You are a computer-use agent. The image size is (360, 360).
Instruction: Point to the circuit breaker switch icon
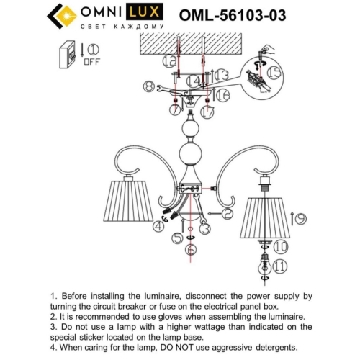(68, 54)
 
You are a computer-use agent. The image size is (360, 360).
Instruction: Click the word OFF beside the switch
(91, 62)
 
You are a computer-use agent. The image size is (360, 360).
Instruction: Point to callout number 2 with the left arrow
(227, 214)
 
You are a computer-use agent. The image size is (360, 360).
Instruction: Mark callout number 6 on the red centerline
(190, 250)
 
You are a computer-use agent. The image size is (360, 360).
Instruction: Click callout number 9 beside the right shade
(300, 218)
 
